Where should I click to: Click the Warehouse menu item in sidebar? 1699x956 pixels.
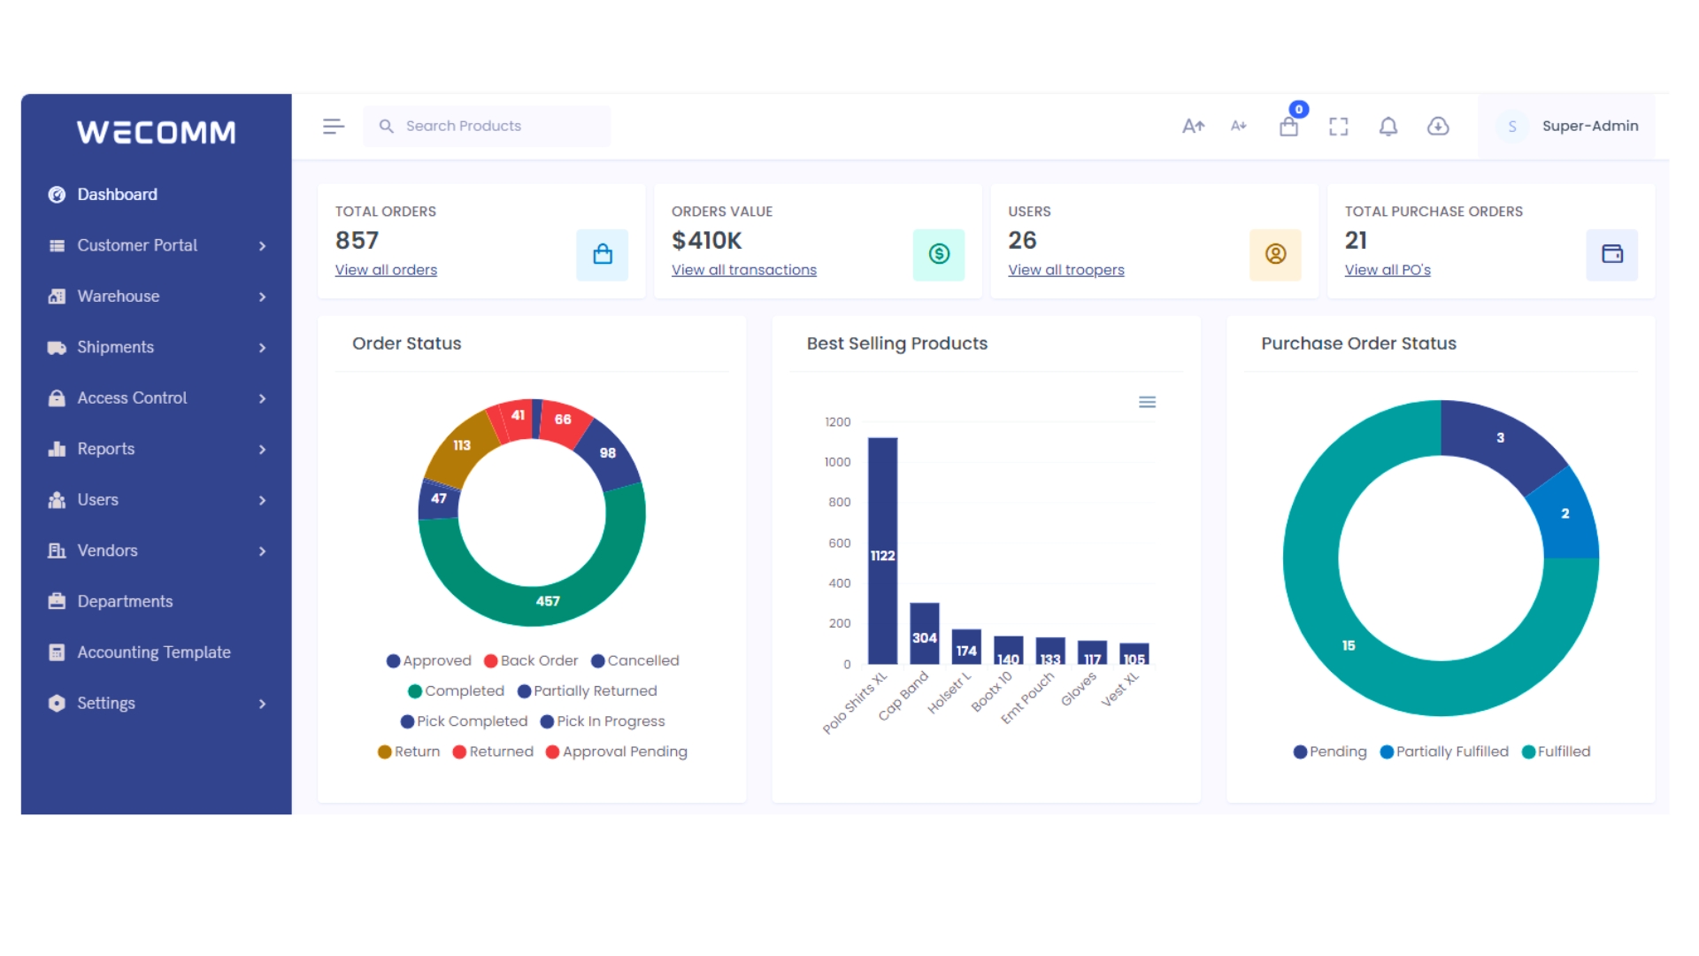[118, 297]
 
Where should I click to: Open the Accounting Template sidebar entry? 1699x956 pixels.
[153, 652]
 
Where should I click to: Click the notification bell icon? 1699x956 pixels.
[1388, 127]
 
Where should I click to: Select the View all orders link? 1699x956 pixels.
[386, 270]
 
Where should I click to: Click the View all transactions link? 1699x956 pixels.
[743, 270]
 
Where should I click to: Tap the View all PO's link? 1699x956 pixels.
[1387, 270]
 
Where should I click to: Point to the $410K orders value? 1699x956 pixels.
[706, 241]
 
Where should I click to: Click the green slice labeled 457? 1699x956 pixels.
[547, 601]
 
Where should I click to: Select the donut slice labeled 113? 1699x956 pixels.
[461, 446]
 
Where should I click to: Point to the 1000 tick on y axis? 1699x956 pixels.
[837, 462]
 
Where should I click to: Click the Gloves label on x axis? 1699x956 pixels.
[1079, 690]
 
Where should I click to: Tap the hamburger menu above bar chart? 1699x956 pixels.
[1147, 402]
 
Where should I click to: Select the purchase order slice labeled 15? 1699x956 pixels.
[1348, 646]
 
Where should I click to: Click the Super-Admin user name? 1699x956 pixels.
[1589, 127]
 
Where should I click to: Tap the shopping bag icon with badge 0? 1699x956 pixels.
[1288, 127]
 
